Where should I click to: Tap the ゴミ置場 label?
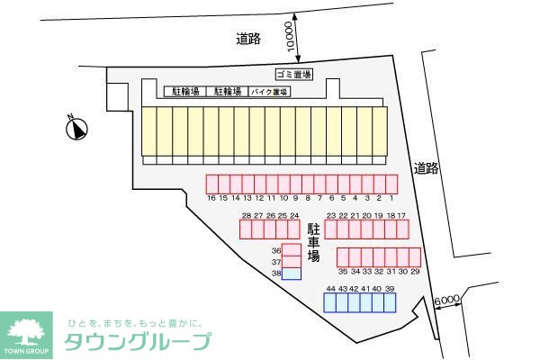pos(292,74)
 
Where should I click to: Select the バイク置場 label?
pos(270,92)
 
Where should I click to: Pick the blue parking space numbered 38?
pos(292,274)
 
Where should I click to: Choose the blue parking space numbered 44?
pos(331,302)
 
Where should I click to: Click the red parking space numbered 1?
pos(391,183)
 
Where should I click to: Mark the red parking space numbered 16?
pos(211,183)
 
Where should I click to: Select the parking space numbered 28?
pos(246,229)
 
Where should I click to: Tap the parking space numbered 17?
pos(402,229)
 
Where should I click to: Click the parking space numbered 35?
pos(343,256)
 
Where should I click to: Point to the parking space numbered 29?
pos(415,256)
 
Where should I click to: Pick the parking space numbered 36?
pos(292,250)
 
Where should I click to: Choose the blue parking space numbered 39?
pos(390,302)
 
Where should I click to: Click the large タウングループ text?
pos(138,341)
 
